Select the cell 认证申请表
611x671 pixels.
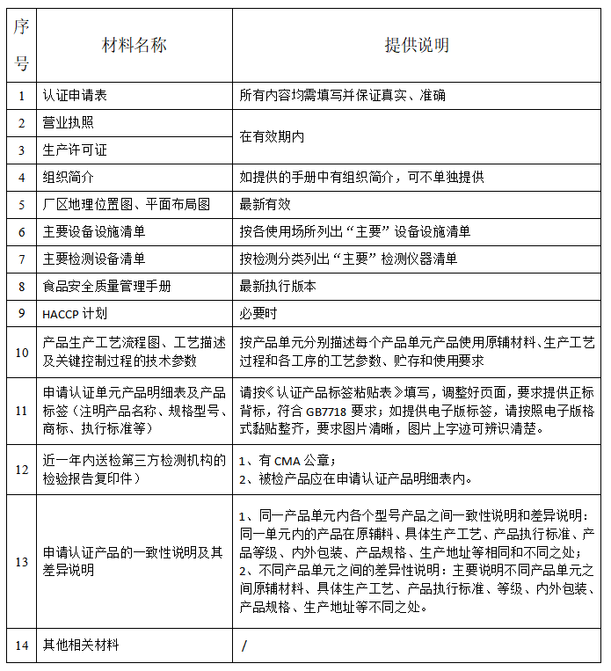click(x=82, y=95)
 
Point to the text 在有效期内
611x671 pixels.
click(x=272, y=136)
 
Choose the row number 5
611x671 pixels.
click(x=21, y=204)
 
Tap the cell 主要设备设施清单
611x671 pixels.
click(x=94, y=231)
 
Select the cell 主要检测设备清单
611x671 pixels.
click(x=94, y=259)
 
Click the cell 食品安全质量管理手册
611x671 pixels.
click(x=106, y=286)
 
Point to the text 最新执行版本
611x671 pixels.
click(x=278, y=286)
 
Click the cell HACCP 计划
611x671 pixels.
click(x=75, y=314)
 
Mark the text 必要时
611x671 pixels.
click(x=258, y=314)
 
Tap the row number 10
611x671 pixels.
click(x=21, y=352)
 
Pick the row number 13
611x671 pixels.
click(x=21, y=560)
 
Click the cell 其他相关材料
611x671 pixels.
click(x=82, y=645)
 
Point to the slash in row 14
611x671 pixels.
click(x=244, y=646)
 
